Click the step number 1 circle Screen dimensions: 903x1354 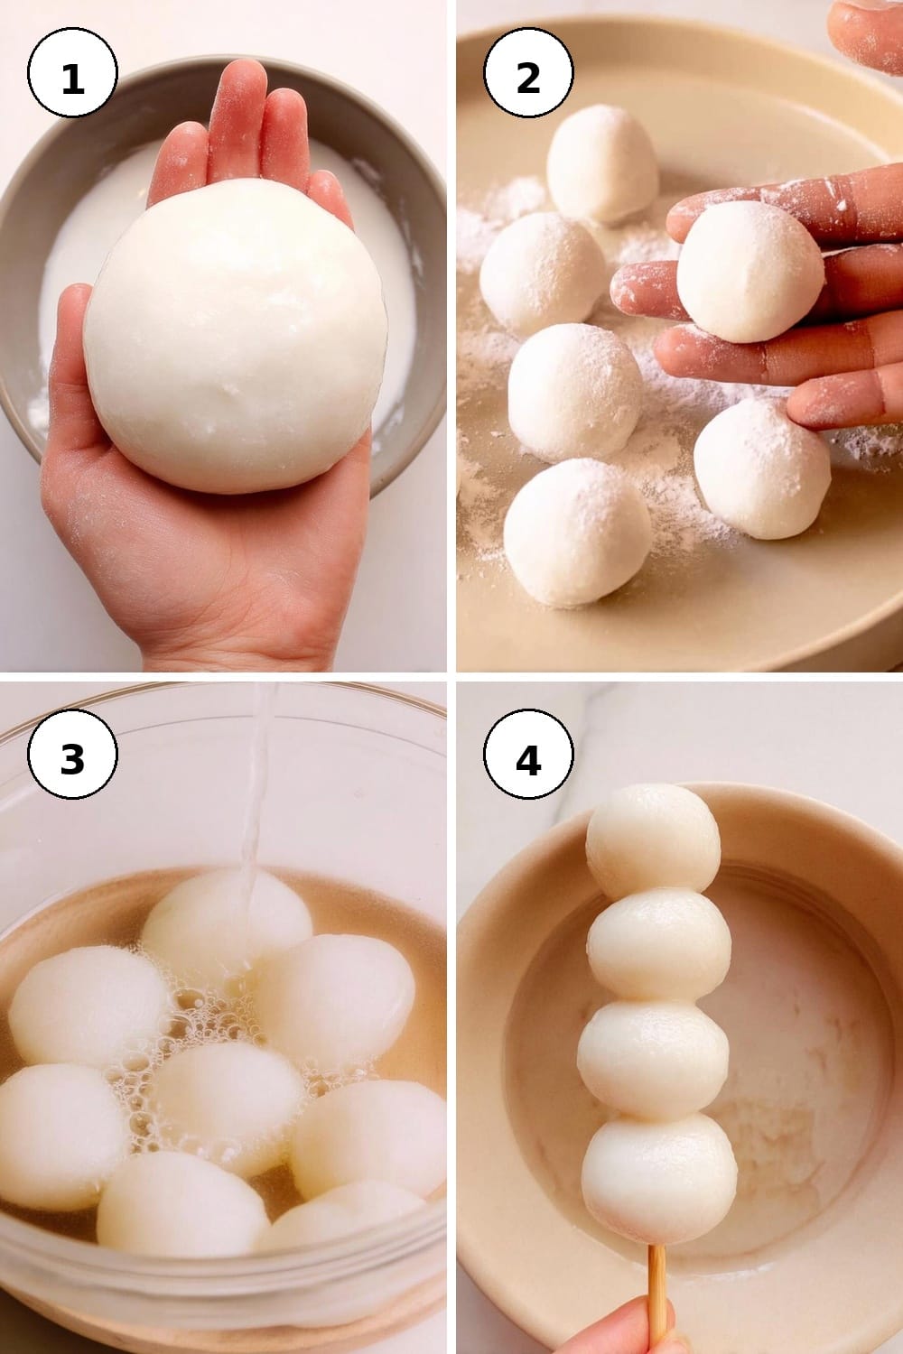(72, 72)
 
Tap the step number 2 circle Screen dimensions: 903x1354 (528, 72)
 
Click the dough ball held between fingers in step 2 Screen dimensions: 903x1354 (750, 272)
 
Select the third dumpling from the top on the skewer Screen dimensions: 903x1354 (653, 1058)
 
